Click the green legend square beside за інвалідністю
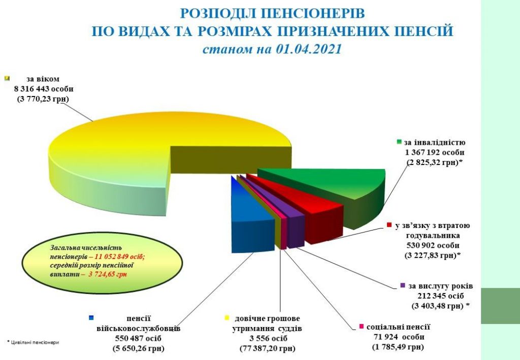click(400, 142)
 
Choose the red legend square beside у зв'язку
click(388, 225)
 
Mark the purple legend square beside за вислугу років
click(403, 285)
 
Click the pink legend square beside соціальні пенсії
click(361, 326)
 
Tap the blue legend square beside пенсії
click(91, 318)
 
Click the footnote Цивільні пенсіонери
click(34, 342)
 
